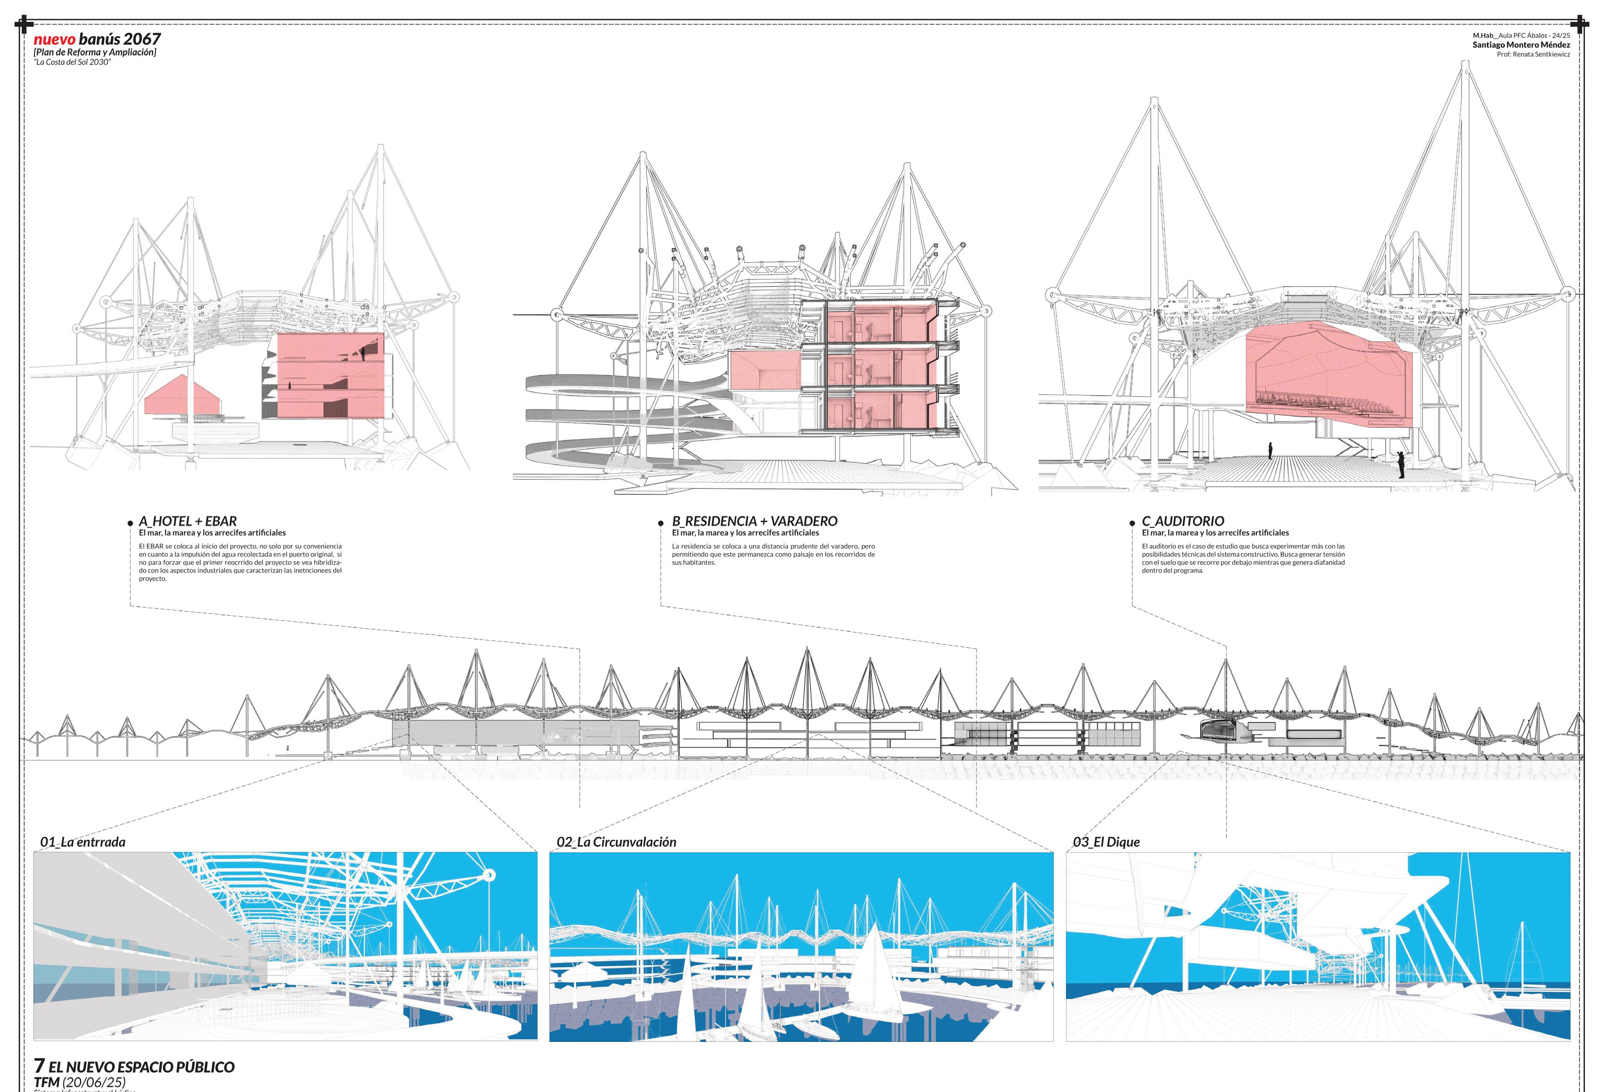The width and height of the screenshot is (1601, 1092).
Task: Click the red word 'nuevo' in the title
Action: (54, 39)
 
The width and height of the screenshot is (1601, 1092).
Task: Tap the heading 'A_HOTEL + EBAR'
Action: (187, 521)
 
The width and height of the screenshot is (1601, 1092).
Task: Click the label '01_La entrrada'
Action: (83, 842)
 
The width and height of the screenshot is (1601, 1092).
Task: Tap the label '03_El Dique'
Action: (1106, 842)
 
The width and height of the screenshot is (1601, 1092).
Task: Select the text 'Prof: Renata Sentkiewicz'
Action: (1533, 54)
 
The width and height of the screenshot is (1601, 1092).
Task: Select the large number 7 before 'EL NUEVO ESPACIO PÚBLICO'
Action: (39, 1066)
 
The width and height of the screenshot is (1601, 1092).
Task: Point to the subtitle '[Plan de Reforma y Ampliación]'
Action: (95, 53)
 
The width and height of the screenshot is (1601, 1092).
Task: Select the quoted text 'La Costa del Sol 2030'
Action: (72, 63)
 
